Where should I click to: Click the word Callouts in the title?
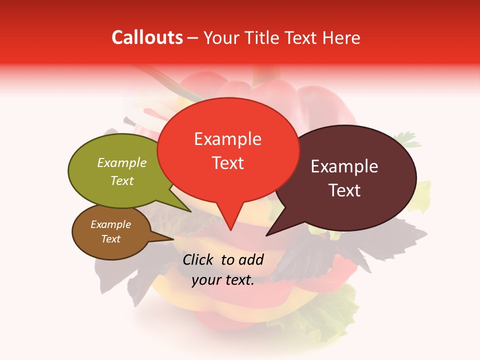tap(147, 37)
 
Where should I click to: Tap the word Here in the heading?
tap(341, 37)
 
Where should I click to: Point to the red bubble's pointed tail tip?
tap(230, 229)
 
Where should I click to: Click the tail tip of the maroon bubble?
tap(267, 234)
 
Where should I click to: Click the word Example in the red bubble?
tap(227, 139)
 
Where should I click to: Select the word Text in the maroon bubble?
tap(344, 190)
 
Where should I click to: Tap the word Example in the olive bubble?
tap(121, 163)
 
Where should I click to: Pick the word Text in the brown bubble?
tap(111, 239)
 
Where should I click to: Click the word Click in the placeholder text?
tap(199, 259)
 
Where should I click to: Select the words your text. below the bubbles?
tap(223, 280)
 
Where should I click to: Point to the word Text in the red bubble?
tap(228, 163)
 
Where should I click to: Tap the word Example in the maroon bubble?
tap(344, 166)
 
